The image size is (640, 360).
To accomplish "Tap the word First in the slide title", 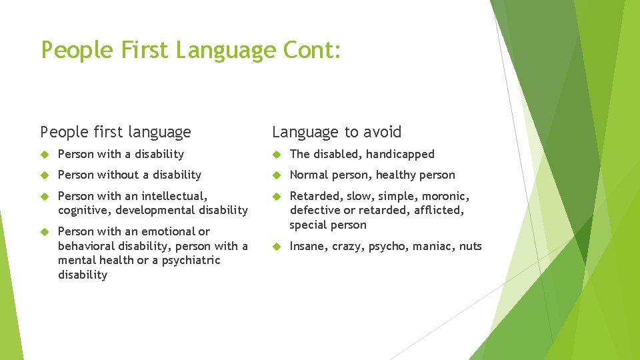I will click(x=144, y=50).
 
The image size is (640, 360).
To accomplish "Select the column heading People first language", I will click(x=115, y=132).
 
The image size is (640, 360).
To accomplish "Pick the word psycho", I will click(x=387, y=246).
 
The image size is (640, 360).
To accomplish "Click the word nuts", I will click(x=470, y=246).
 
